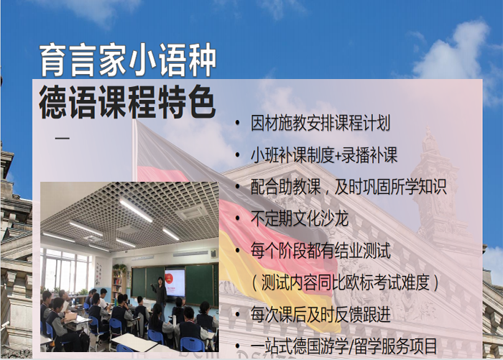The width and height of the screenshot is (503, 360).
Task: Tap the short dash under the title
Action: click(63, 137)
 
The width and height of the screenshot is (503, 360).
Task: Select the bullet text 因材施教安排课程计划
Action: click(320, 124)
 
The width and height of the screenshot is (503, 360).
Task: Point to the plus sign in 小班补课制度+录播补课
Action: click(341, 156)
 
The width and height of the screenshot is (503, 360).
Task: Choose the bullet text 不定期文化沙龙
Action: click(299, 218)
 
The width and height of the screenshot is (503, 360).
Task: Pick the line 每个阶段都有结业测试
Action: click(320, 251)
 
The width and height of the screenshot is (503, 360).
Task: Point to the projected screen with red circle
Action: click(175, 281)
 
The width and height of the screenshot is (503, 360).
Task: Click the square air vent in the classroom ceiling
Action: click(191, 211)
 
